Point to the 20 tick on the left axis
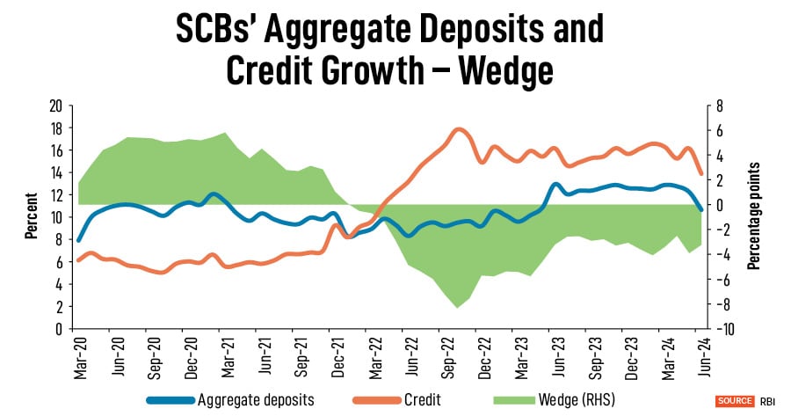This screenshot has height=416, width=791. coord(55,106)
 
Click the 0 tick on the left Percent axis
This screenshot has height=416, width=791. coord(59,329)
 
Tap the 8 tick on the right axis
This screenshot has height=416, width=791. coord(718,106)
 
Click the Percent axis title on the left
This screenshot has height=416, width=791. coord(31,216)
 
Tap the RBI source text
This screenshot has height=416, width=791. coord(766,400)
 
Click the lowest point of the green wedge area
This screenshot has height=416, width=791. coord(457,308)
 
